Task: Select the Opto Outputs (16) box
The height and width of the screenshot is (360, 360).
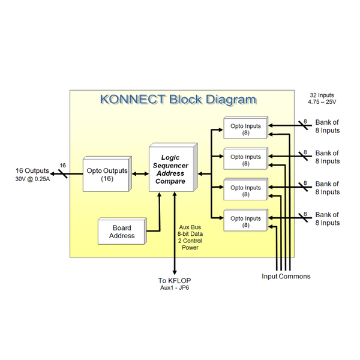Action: click(x=107, y=175)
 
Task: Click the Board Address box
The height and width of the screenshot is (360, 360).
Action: click(x=123, y=232)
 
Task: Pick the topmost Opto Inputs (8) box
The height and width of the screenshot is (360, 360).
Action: click(x=245, y=129)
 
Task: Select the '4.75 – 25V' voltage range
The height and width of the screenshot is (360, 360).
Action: click(x=322, y=103)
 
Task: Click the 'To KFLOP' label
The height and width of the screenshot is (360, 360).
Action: click(x=174, y=280)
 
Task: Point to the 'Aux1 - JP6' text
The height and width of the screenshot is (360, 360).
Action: click(x=174, y=288)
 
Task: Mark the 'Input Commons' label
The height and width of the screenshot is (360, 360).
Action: click(x=286, y=276)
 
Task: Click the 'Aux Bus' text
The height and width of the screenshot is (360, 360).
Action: click(x=190, y=227)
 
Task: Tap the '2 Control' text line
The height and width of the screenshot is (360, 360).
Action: click(x=190, y=240)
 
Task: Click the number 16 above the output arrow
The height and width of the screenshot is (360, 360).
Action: click(x=62, y=165)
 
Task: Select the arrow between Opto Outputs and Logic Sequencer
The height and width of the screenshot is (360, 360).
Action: click(x=140, y=175)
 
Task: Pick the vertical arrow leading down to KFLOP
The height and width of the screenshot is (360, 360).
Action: click(x=174, y=234)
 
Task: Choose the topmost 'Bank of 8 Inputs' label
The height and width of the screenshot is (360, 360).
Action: click(x=327, y=126)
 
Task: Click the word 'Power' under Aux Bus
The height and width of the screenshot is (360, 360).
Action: click(x=190, y=247)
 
